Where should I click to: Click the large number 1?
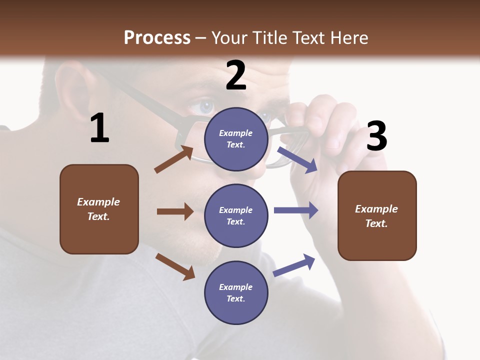99,128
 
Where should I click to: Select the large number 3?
376,136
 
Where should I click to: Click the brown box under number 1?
99,209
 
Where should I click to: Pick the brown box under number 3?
377,215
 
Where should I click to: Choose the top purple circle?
236,139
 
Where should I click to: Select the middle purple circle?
236,215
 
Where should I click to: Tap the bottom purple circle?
236,292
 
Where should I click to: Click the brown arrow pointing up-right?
173,159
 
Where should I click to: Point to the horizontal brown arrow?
175,211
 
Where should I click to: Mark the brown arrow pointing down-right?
175,266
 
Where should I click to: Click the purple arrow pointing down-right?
297,159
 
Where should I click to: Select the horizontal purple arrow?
296,210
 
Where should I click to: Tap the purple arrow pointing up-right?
294,265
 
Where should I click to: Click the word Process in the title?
157,37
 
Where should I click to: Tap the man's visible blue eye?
205,106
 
